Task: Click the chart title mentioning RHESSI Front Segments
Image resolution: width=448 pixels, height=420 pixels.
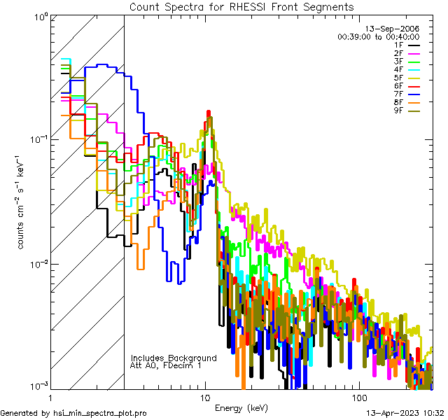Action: point(241,6)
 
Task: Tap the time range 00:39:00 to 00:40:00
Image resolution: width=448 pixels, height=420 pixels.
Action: point(378,36)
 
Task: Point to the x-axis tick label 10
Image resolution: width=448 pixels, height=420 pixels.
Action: point(205,398)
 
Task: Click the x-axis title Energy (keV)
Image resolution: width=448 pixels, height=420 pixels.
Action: point(241,407)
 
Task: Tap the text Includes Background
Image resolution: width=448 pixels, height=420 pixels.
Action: point(174,358)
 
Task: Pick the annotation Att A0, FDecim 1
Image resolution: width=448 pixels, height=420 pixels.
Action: point(166,365)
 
